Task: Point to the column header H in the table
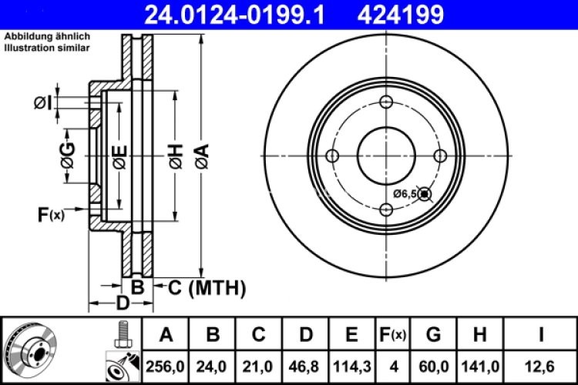[480, 335]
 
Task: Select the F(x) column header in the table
[391, 335]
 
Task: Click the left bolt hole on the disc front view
[333, 156]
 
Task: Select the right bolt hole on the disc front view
[441, 156]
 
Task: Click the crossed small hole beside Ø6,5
[425, 195]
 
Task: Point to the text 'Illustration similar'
[47, 48]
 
